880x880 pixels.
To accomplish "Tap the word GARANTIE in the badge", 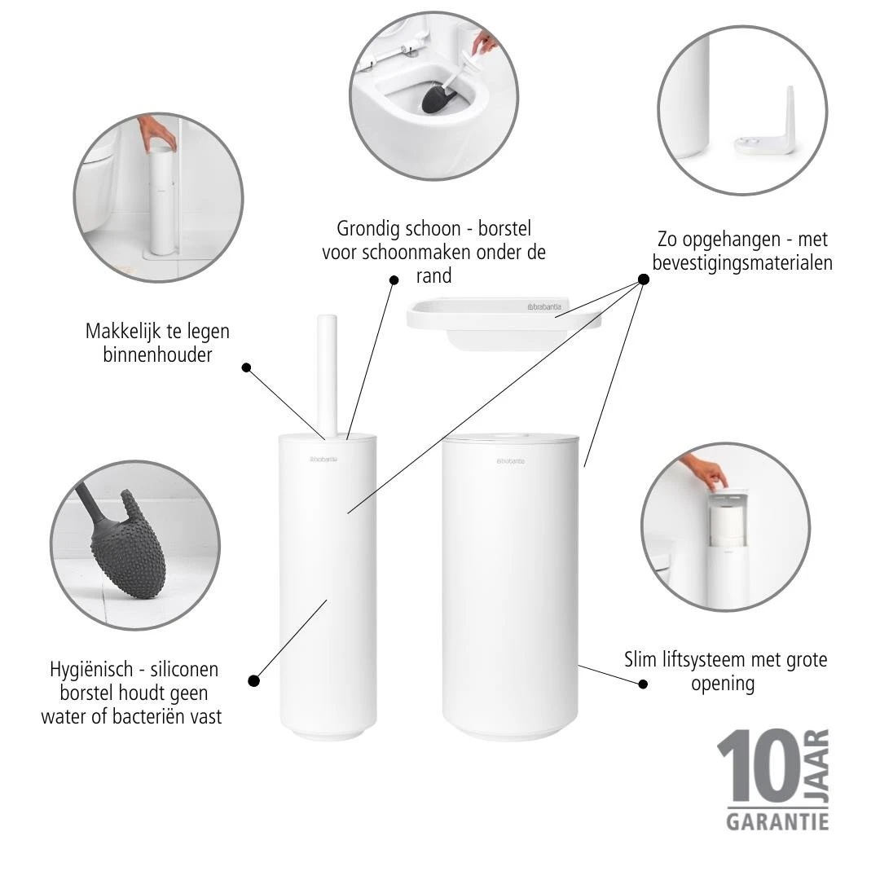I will click(777, 820).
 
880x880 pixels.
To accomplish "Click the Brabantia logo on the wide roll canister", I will click(512, 462).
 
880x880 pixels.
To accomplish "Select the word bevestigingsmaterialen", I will click(742, 263).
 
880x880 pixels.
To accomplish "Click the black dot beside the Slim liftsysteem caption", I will click(643, 685).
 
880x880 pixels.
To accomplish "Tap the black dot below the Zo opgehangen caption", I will click(643, 279).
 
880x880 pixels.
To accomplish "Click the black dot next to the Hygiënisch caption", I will click(253, 680).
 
